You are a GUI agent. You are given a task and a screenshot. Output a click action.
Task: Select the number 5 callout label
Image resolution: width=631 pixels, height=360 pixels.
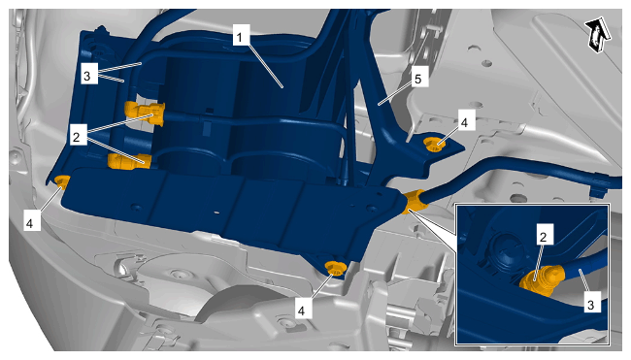[x=418, y=78]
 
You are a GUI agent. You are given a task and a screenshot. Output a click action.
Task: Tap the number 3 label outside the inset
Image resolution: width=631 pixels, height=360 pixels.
[x=88, y=74]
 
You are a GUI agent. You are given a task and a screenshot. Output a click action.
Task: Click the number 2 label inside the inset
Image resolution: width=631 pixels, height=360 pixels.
[x=544, y=235]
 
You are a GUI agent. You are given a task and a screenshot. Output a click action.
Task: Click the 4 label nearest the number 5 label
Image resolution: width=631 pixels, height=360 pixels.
[x=465, y=120]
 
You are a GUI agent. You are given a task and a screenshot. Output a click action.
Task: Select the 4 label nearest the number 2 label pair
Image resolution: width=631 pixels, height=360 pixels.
[x=30, y=221]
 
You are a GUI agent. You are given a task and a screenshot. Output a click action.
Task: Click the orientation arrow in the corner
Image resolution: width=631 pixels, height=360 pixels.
[x=598, y=34]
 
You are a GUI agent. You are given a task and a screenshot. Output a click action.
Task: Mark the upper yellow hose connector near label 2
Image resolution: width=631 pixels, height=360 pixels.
[x=145, y=113]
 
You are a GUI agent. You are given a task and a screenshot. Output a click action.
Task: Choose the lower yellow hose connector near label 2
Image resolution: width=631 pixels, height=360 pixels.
[x=129, y=162]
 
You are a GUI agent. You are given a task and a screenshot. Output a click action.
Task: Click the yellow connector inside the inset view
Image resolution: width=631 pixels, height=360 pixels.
[x=542, y=280]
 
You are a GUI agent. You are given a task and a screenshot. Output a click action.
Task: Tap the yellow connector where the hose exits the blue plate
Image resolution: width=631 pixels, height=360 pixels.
[x=414, y=202]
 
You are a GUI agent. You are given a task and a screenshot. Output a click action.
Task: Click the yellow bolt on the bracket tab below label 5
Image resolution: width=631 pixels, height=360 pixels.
[x=435, y=144]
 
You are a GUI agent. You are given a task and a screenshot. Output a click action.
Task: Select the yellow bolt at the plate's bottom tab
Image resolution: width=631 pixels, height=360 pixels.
[x=334, y=268]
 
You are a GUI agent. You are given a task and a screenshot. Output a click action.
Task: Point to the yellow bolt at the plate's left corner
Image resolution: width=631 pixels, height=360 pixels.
[x=62, y=181]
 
